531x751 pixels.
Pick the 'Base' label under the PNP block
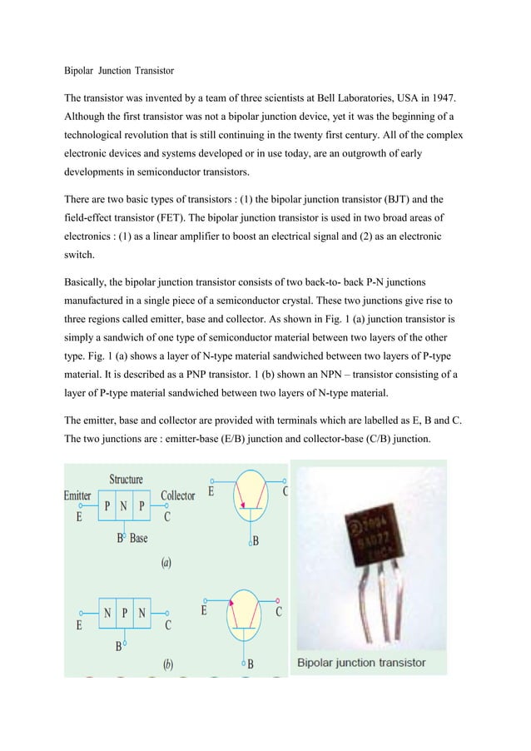pyautogui.click(x=138, y=538)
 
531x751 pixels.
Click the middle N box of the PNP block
pyautogui.click(x=125, y=507)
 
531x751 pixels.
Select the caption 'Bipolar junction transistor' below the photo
pyautogui.click(x=361, y=663)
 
